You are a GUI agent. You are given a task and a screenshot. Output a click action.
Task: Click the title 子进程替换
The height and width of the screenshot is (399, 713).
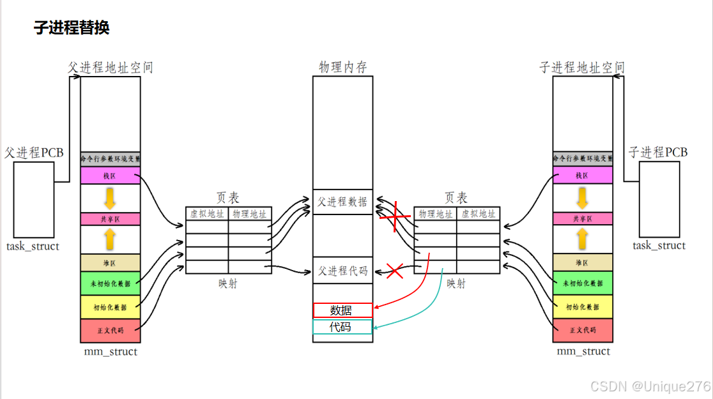(x=72, y=28)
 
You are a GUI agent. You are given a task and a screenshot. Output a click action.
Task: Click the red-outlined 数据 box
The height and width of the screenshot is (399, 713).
(x=342, y=310)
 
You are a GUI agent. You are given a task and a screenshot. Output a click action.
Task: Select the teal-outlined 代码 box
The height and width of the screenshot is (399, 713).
(x=342, y=327)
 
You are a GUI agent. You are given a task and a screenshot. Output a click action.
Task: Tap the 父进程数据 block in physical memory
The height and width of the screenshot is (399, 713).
(x=342, y=202)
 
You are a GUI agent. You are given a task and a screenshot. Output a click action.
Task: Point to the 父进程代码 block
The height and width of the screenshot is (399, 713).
(x=342, y=271)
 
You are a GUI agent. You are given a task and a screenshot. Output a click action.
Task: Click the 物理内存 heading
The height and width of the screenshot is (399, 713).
(x=342, y=67)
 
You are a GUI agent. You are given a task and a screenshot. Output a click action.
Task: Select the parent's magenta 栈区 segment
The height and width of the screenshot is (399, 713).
(x=110, y=176)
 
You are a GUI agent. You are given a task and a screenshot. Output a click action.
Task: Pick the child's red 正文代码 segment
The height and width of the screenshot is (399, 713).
(x=582, y=330)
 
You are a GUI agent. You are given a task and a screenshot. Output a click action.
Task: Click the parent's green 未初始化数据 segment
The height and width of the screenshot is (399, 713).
(x=110, y=283)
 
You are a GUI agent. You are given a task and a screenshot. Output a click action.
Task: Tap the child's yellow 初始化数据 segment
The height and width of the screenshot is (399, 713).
(x=582, y=306)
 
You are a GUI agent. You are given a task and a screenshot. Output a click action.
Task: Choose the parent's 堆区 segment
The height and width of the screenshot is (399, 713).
(x=110, y=262)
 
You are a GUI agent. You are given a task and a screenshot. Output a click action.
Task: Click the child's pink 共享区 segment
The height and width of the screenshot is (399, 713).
(x=582, y=218)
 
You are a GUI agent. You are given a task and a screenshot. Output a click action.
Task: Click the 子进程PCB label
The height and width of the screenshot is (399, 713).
(x=658, y=153)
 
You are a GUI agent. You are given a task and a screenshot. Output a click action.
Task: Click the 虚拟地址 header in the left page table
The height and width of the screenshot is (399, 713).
(x=207, y=214)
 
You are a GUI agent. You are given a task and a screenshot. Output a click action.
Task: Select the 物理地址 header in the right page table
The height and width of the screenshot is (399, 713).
(x=436, y=214)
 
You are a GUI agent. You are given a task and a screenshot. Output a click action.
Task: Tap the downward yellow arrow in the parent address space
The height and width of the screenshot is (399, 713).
(x=110, y=198)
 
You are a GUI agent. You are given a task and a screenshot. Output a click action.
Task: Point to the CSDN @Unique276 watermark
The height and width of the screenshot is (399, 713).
(x=650, y=386)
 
